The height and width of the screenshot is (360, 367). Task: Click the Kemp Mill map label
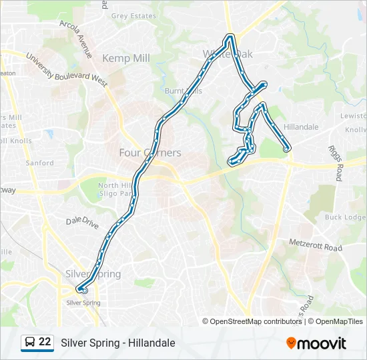pos(126,59)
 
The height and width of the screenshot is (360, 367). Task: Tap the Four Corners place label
pos(149,153)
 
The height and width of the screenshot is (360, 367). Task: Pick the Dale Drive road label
pos(83,221)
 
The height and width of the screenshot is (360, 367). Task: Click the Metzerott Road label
pos(316,245)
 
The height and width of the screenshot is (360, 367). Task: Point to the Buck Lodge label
pos(345,217)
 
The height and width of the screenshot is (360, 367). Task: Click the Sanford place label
pos(39,163)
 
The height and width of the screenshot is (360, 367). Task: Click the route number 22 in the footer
pos(45,342)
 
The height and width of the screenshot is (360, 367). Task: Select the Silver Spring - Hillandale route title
pos(118,343)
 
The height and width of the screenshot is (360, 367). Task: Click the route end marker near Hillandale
pos(286,149)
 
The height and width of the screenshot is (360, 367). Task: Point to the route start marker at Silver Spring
pos(84,291)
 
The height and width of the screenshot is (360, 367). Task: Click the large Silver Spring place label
pos(93,274)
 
